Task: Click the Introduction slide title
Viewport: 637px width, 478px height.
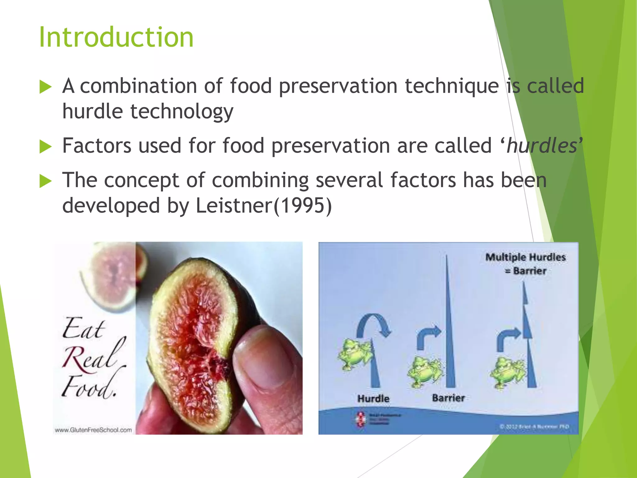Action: [x=116, y=37]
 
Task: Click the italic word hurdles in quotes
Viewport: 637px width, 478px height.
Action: [x=542, y=146]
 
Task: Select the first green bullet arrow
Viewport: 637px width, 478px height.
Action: [x=45, y=87]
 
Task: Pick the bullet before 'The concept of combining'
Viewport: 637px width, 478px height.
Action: [x=45, y=181]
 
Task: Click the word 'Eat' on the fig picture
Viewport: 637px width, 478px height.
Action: [x=83, y=329]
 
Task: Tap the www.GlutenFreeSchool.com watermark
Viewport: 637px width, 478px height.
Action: [x=93, y=430]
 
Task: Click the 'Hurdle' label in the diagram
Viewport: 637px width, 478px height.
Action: [x=373, y=399]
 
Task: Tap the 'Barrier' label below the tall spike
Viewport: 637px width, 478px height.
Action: [x=448, y=398]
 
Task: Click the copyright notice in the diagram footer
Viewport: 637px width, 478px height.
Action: [x=534, y=427]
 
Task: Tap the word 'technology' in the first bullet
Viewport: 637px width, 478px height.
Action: [x=182, y=111]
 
